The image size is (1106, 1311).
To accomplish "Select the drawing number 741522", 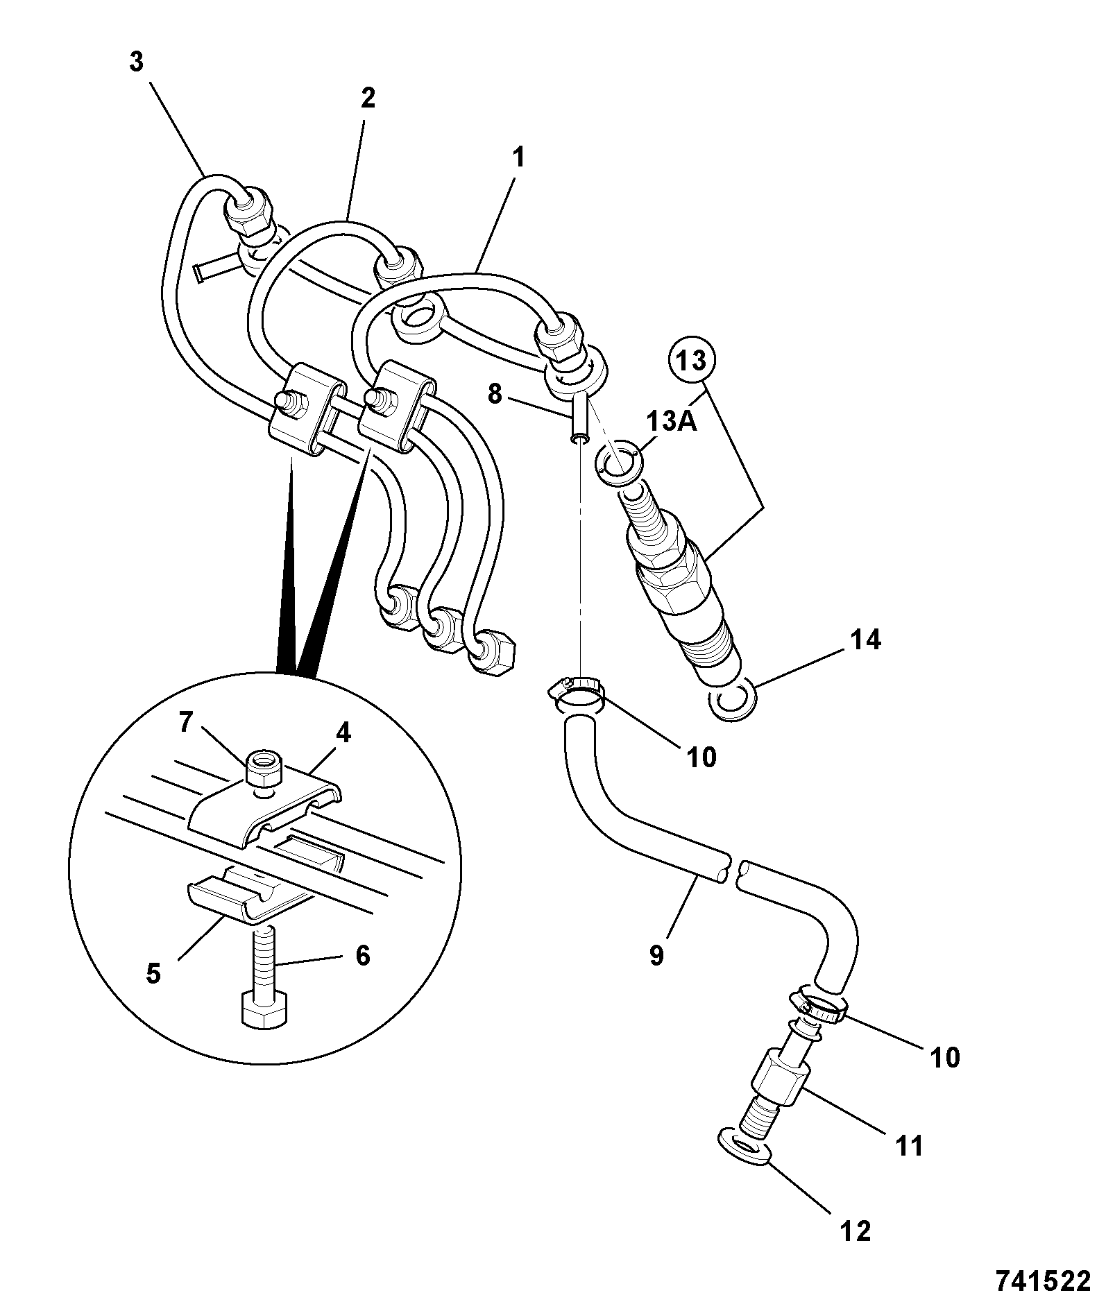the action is tap(1044, 1282).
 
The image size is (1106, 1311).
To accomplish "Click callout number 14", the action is tap(863, 640).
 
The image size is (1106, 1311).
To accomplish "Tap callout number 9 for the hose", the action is tap(656, 955).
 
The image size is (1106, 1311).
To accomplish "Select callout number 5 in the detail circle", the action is tap(153, 973).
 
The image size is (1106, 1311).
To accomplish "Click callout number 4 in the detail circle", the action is tap(343, 734).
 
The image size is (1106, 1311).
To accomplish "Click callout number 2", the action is tap(368, 98).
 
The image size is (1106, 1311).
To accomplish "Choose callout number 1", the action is tap(518, 157).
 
